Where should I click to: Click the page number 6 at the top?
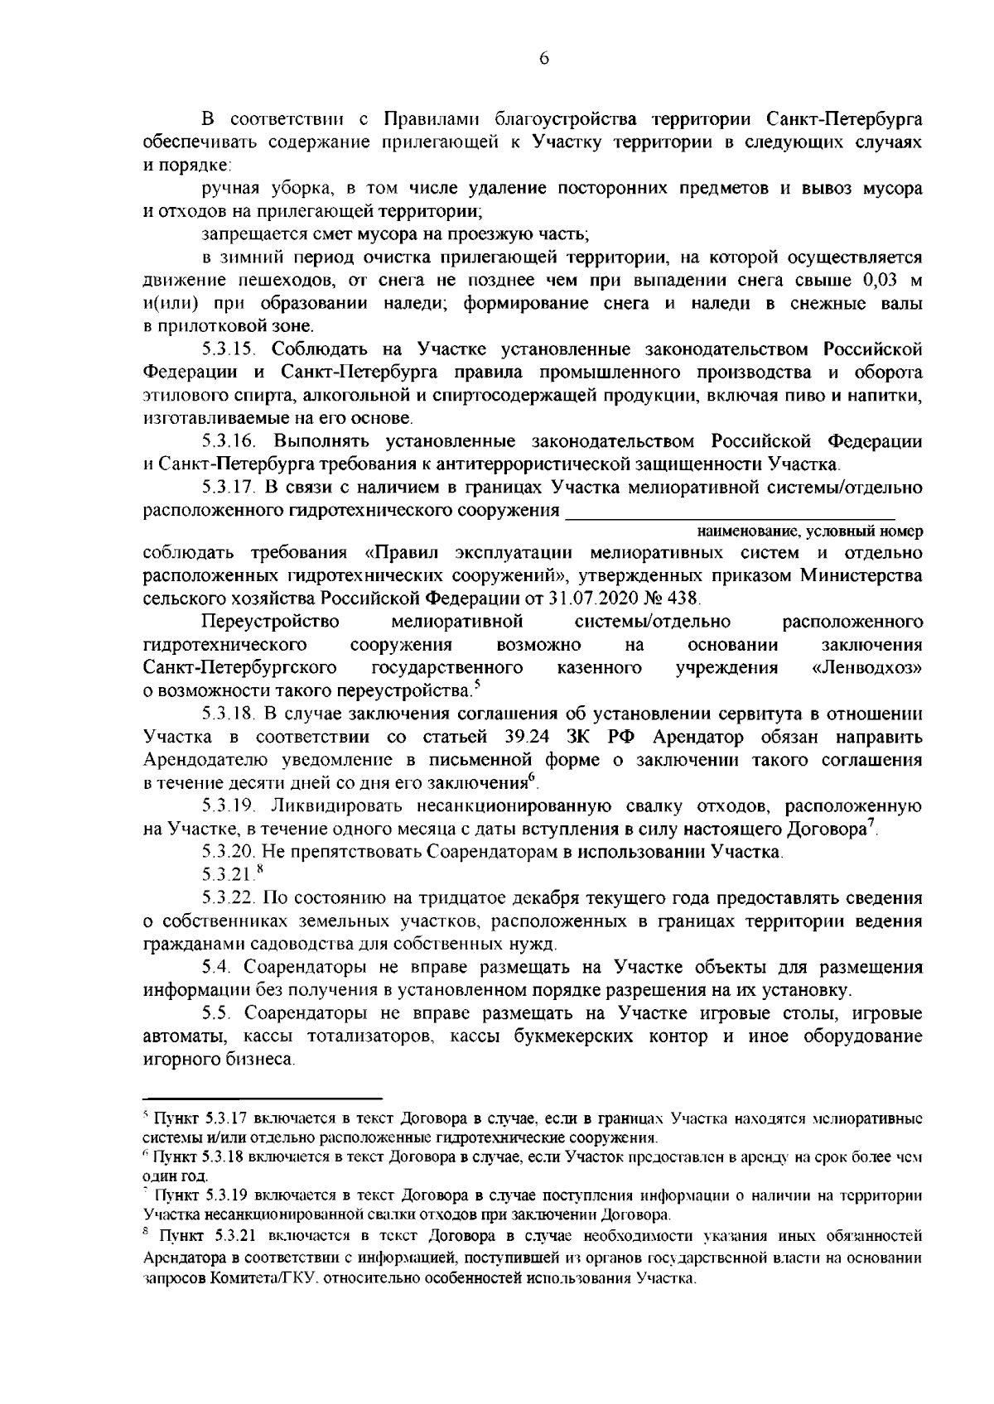543,57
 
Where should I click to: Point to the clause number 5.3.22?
232,897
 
